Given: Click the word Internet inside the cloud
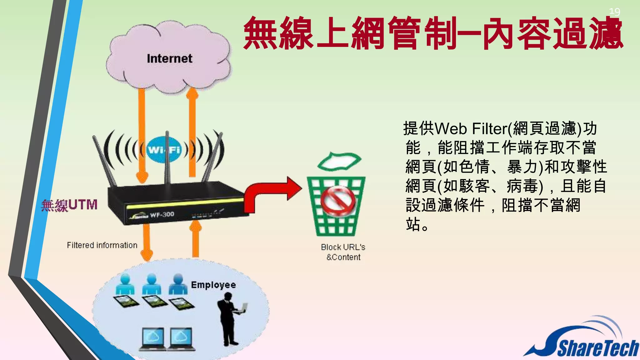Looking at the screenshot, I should [169, 59].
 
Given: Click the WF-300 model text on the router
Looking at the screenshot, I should [162, 215].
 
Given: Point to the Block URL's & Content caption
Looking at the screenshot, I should [343, 252].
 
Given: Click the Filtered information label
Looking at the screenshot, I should [102, 245].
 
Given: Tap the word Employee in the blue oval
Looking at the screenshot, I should [213, 285].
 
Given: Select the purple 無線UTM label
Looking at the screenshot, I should [69, 205].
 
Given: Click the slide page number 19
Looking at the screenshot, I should [614, 12].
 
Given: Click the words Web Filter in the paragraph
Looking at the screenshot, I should [471, 129].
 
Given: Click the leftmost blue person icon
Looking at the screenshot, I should [125, 284].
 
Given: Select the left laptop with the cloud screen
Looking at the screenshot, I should [153, 339].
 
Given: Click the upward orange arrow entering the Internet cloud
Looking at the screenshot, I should [192, 131].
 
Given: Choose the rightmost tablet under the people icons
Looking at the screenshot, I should [182, 303].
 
